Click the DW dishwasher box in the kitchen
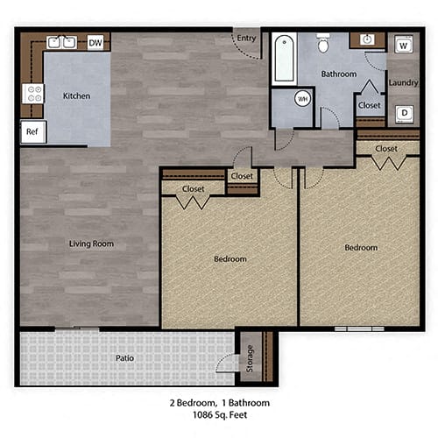tap(95, 42)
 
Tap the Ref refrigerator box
tap(32, 132)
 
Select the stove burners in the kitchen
tap(33, 94)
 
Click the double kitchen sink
tap(62, 41)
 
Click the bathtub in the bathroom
tap(283, 59)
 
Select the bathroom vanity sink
tap(367, 40)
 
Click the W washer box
tap(404, 45)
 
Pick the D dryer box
tap(404, 112)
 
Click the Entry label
tap(247, 37)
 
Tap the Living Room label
tap(92, 244)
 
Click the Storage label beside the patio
tap(251, 358)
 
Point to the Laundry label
tap(403, 83)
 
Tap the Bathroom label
tap(338, 74)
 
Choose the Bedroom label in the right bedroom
tap(360, 248)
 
